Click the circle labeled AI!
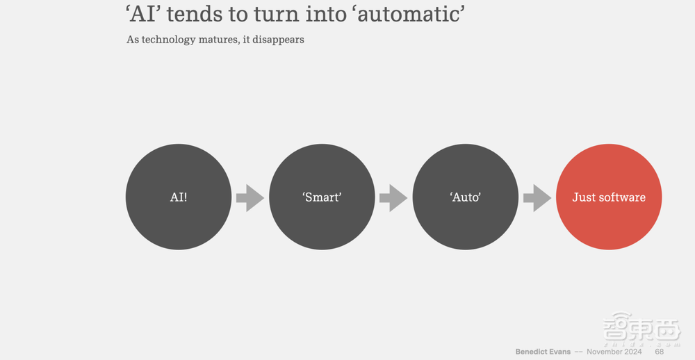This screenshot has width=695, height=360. [179, 197]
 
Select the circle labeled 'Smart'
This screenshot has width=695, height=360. [322, 197]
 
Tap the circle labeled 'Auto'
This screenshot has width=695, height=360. [466, 197]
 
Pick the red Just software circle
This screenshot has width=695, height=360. [609, 197]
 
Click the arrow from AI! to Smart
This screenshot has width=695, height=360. [250, 198]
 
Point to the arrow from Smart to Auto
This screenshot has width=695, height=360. [393, 198]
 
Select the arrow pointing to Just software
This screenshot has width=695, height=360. [537, 198]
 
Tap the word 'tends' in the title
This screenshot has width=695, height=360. [194, 14]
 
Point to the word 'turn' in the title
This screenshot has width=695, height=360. [275, 14]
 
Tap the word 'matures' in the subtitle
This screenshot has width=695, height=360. [216, 40]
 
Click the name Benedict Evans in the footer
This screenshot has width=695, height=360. [543, 352]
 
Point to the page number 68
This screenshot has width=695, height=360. [659, 352]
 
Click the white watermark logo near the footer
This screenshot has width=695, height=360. [641, 329]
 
